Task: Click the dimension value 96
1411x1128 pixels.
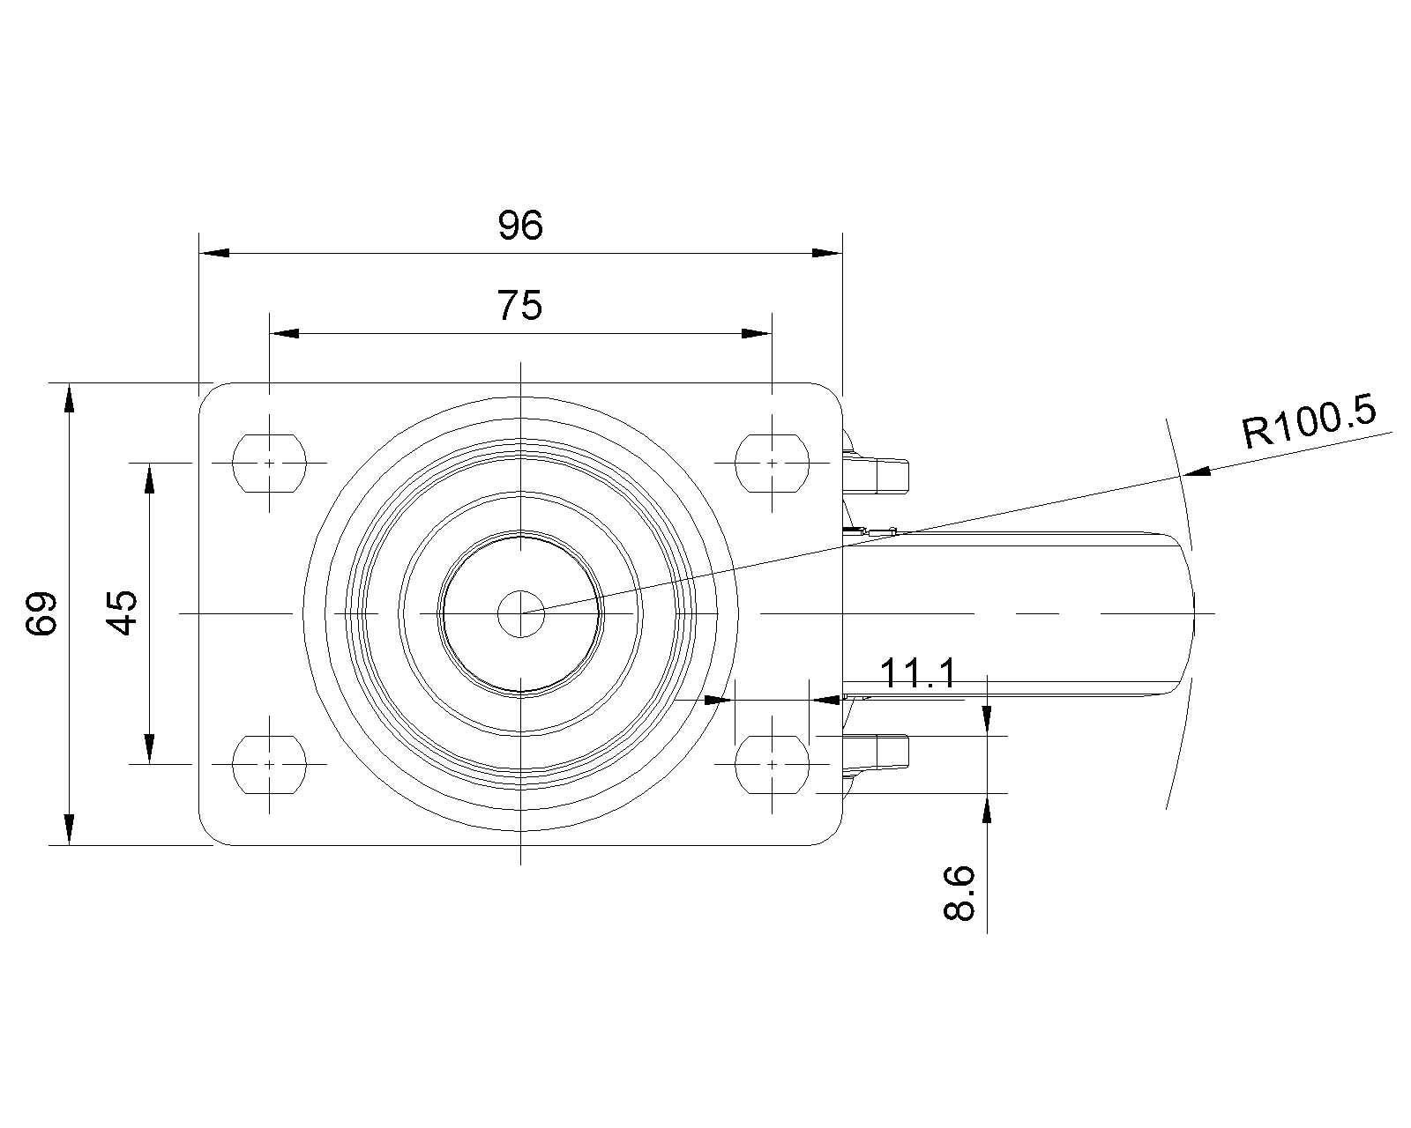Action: coord(520,226)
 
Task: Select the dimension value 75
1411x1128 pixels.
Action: coord(519,306)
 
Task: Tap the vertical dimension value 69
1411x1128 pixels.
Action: coord(41,613)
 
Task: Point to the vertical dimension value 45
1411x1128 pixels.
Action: coord(122,612)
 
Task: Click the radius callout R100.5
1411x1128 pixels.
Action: coord(1309,424)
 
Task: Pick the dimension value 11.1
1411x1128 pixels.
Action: coord(917,673)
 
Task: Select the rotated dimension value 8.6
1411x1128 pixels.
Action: coord(959,894)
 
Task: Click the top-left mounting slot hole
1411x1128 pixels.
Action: coord(269,464)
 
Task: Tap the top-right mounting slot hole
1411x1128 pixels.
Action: coord(772,464)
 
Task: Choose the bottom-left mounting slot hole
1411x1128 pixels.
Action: coord(269,764)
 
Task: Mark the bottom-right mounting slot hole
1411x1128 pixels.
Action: coord(772,764)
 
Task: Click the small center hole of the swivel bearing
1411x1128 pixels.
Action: coord(520,613)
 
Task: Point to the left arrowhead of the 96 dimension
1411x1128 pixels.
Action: coord(213,253)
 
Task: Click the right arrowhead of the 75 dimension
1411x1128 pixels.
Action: coord(757,334)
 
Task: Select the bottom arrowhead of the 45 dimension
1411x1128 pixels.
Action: coord(150,749)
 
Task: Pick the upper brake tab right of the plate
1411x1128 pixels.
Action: coord(876,467)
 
